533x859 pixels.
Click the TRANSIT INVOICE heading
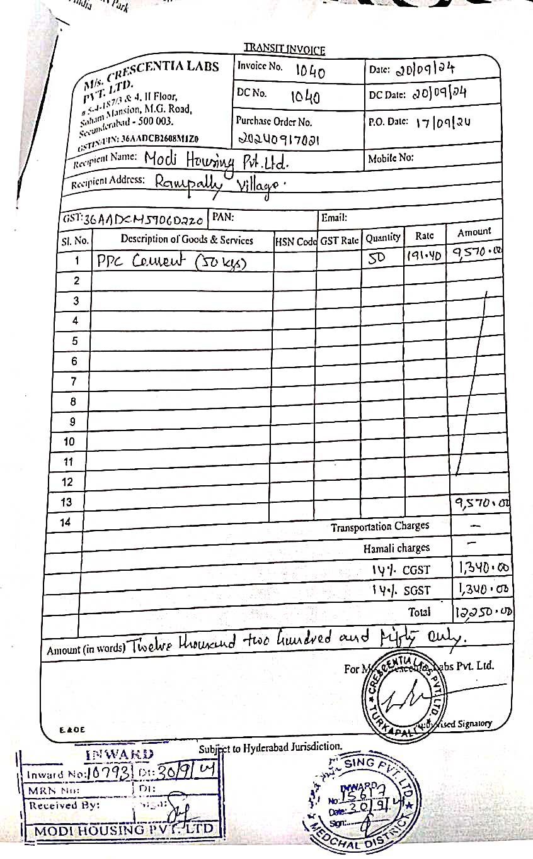point(284,50)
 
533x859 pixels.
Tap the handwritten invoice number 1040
point(310,72)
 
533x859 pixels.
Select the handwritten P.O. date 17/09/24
point(443,123)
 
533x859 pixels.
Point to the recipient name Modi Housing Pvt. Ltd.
point(216,161)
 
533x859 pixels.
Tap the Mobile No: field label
point(391,158)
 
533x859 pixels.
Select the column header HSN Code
point(295,240)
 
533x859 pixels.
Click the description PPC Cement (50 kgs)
point(170,261)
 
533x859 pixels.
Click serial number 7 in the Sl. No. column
point(74,381)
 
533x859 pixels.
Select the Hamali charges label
point(396,548)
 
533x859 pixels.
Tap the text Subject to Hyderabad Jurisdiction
point(271,748)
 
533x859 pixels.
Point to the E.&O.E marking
point(72,730)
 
